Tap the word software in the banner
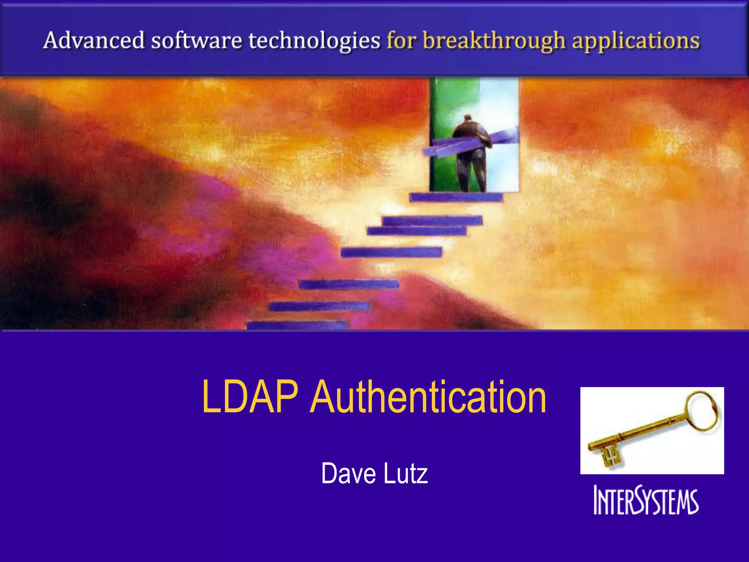197,40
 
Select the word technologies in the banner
315,41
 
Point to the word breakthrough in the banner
494,41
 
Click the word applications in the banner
636,41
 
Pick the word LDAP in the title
250,397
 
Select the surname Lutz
406,473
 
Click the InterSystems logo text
646,501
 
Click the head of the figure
468,119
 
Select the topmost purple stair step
456,198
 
